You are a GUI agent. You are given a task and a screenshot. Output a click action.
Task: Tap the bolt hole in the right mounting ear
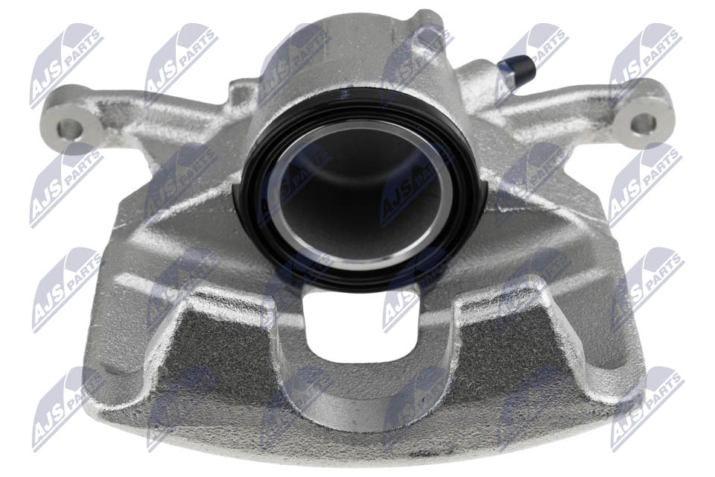[x=643, y=122]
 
